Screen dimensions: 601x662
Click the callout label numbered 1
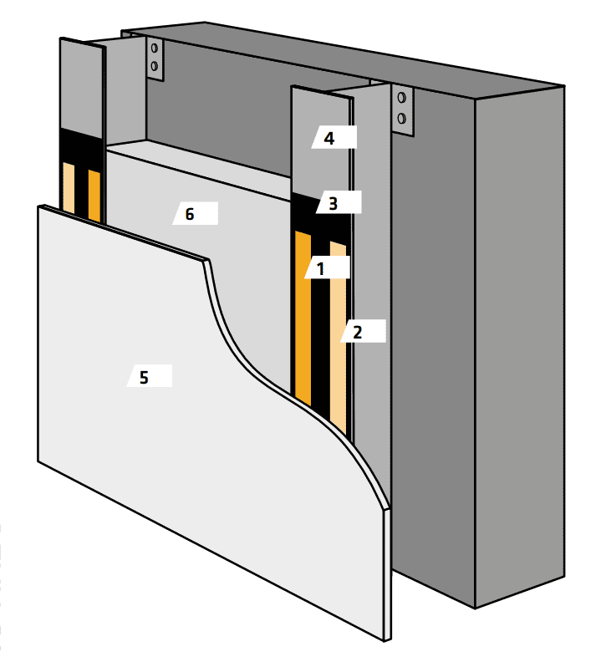point(327,267)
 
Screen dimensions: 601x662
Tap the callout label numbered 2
point(363,331)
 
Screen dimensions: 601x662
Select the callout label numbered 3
point(339,202)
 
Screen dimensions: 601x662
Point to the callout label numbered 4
point(334,137)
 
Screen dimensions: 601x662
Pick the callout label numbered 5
point(150,376)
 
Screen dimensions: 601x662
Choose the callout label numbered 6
point(195,213)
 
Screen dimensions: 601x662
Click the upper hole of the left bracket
point(155,48)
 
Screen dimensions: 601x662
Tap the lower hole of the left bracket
point(154,66)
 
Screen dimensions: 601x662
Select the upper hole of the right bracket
point(402,98)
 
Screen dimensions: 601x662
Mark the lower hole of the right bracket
point(402,118)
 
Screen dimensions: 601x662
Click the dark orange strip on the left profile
point(94,196)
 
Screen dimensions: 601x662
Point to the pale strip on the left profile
point(69,188)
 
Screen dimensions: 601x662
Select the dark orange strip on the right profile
point(303,318)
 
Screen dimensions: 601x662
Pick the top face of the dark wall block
point(342,59)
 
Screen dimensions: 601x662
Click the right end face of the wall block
point(520,346)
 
